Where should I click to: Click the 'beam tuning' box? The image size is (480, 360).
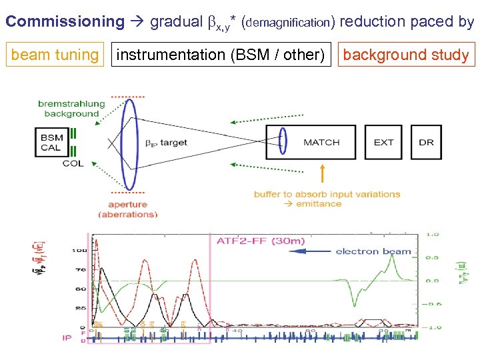55,55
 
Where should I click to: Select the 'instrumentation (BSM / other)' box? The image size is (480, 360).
221,55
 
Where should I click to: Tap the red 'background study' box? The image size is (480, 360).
406,55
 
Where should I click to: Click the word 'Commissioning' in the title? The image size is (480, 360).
65,21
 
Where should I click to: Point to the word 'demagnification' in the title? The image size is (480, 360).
288,23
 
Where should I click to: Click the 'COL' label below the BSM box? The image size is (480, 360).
73,163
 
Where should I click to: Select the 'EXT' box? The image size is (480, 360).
383,142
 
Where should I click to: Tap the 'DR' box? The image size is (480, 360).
426,142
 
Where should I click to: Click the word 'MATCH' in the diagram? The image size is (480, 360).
321,142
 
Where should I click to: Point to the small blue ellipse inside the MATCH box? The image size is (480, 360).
283,141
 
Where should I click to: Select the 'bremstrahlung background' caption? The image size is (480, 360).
72,109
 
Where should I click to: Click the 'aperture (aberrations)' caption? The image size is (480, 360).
127,209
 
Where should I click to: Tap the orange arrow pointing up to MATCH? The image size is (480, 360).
323,173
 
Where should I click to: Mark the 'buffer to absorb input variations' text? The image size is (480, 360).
327,194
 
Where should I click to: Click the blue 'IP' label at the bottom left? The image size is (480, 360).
67,337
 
